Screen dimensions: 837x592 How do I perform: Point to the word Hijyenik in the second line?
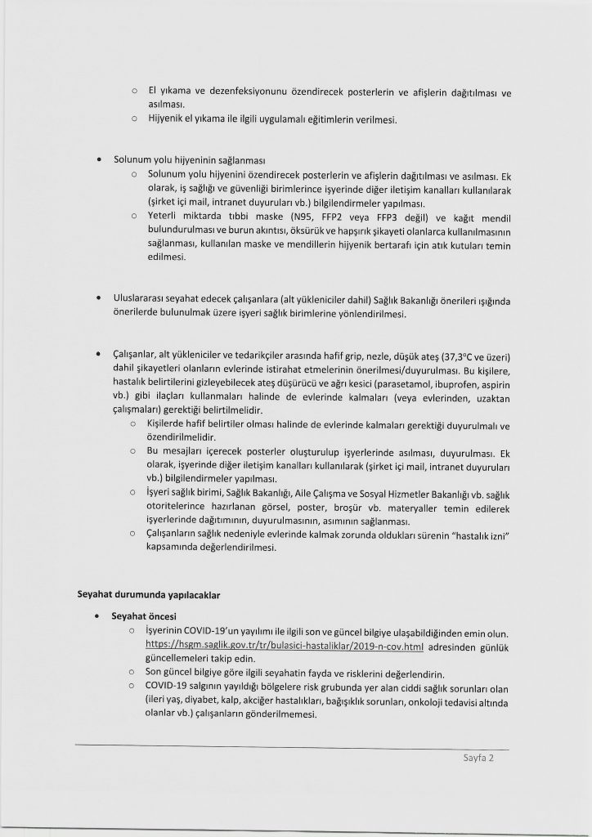tap(166, 119)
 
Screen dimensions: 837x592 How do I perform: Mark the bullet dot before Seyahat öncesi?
tap(99, 615)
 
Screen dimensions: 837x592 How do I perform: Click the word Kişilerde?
tap(171, 426)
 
